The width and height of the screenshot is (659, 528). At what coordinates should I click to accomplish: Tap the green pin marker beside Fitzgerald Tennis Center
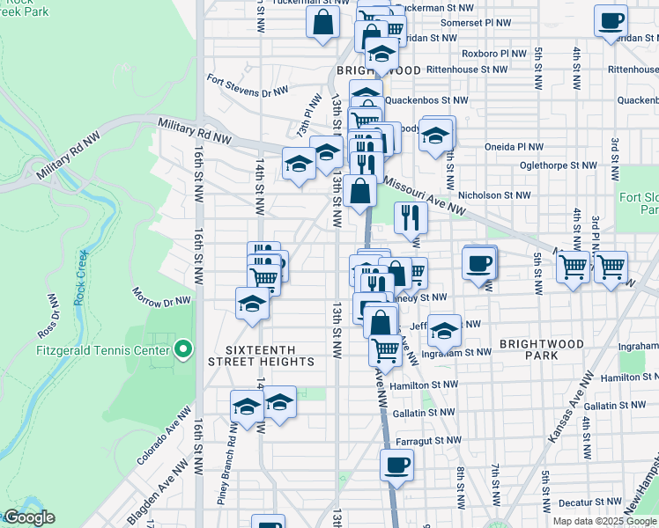[x=183, y=350]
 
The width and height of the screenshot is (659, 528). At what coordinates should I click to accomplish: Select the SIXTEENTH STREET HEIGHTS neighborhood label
[x=261, y=355]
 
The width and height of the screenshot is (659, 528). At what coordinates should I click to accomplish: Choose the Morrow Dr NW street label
[x=161, y=297]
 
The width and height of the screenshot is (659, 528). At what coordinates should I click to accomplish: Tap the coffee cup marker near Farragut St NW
[x=396, y=464]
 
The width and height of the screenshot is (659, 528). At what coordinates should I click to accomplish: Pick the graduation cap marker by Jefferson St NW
[x=445, y=331]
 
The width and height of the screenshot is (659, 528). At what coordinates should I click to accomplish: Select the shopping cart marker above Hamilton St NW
[x=385, y=349]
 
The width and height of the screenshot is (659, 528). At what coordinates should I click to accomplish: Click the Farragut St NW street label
[x=432, y=440]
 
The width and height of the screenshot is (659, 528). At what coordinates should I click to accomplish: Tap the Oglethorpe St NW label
[x=572, y=165]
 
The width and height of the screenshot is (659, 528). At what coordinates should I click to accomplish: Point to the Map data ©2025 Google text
[x=604, y=521]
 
